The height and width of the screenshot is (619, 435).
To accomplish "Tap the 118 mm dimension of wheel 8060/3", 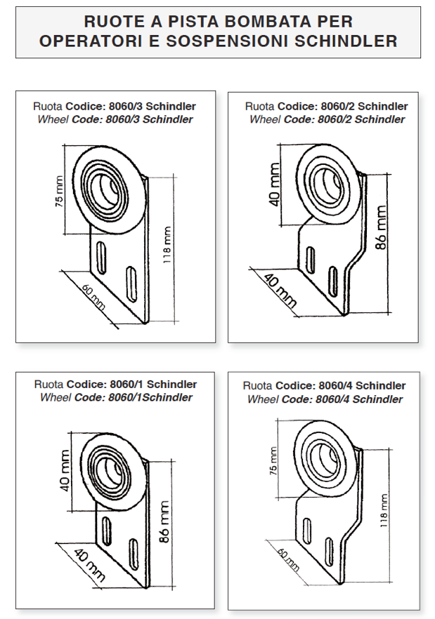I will pyautogui.click(x=167, y=243).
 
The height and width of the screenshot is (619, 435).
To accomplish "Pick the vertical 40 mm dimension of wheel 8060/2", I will pyautogui.click(x=274, y=183).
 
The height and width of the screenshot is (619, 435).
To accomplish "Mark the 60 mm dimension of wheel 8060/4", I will pyautogui.click(x=289, y=559).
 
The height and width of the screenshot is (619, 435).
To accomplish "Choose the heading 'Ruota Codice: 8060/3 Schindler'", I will pyautogui.click(x=115, y=107).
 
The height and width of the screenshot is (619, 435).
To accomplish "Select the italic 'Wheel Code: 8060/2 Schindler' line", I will pyautogui.click(x=327, y=119).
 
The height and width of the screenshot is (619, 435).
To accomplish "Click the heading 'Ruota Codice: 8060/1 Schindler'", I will pyautogui.click(x=116, y=385).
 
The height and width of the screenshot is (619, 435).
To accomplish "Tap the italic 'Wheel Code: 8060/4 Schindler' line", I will pyautogui.click(x=325, y=399).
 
